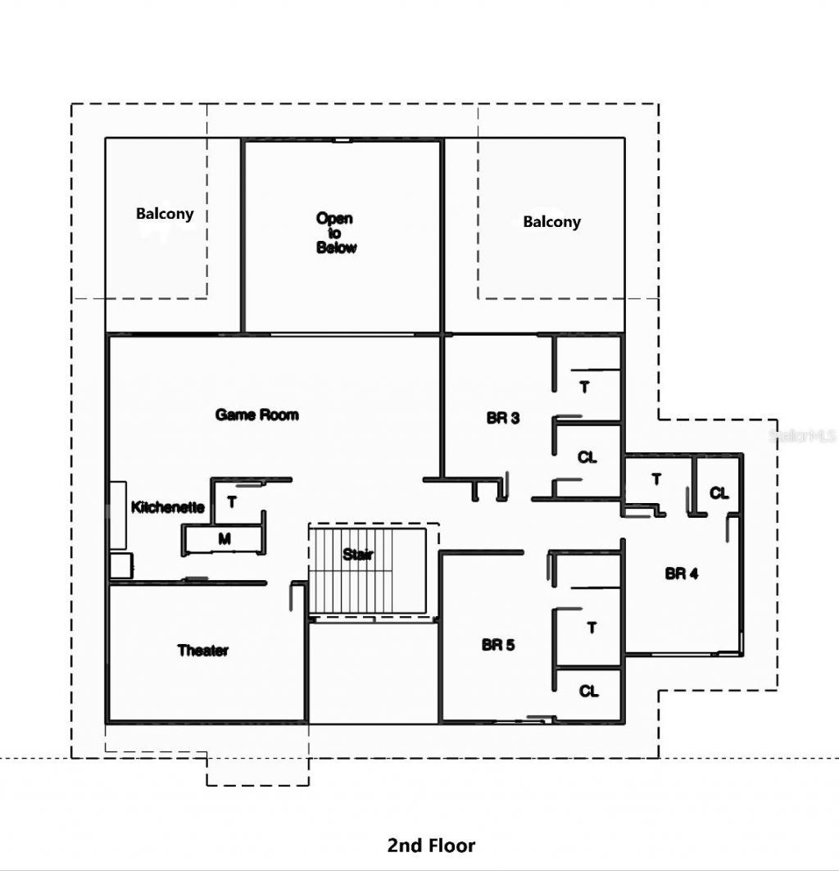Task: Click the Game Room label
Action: coord(256,415)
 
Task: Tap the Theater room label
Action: coord(203,651)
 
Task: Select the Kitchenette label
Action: coord(168,507)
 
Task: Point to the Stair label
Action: coord(358,555)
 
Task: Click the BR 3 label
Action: coord(502,418)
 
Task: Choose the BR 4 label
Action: coord(681,574)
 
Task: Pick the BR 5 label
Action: coord(498,645)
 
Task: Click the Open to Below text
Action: coord(336,233)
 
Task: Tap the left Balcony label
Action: coord(165,214)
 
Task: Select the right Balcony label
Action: coord(551,222)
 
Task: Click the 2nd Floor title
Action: coord(431,845)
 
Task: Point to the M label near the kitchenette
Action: coord(224,538)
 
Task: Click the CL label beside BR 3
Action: coord(587,457)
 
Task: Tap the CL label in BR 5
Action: coord(589,692)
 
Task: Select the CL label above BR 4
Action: coord(719,493)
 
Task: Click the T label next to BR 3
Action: coord(584,387)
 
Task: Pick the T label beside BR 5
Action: coord(592,628)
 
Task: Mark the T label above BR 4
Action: coord(656,479)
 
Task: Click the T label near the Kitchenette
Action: coord(232,502)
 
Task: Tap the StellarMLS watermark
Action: coord(803,436)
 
